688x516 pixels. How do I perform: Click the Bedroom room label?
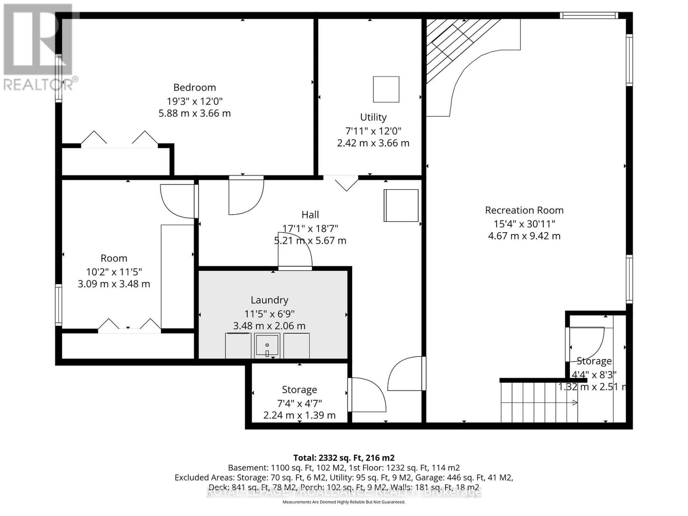coord(194,87)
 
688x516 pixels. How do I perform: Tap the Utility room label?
coord(373,117)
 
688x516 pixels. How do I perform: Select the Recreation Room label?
coord(524,210)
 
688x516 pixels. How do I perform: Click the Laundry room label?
coord(269,300)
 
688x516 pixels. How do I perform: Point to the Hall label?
coord(310,215)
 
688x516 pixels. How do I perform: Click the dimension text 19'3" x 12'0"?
coord(194,101)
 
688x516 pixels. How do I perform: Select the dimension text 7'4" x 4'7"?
coord(299,403)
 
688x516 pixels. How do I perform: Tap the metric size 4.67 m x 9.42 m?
coord(524,236)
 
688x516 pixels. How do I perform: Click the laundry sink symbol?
coord(267,346)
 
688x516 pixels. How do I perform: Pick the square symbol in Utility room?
coord(386,89)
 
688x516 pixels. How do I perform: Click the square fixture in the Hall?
coord(401,206)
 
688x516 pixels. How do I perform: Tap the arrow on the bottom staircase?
coord(574,403)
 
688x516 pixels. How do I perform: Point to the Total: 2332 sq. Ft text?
coord(344,458)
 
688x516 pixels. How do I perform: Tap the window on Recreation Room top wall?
coord(588,16)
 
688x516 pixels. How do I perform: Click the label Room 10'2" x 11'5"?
coord(114,258)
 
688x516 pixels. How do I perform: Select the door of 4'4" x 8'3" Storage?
coord(586,342)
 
